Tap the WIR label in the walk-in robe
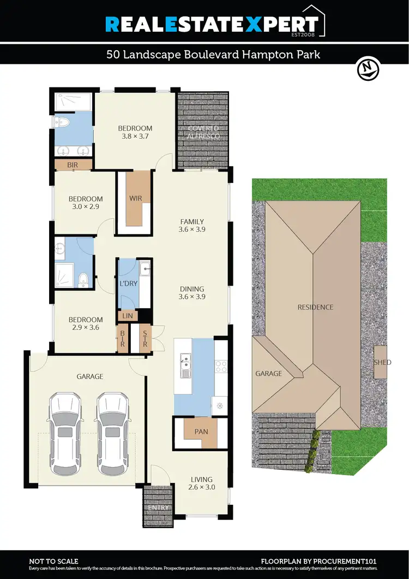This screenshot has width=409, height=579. tap(136, 199)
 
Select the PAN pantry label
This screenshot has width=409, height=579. tap(201, 432)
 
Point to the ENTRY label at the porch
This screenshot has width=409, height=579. tap(158, 508)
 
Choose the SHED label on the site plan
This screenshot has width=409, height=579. tap(382, 362)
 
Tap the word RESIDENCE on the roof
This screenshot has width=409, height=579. tap(315, 307)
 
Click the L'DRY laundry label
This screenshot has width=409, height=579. tap(129, 284)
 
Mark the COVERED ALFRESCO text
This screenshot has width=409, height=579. tap(203, 132)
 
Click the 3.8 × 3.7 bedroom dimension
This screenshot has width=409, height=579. tap(135, 137)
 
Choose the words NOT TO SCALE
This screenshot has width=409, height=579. tap(53, 561)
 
